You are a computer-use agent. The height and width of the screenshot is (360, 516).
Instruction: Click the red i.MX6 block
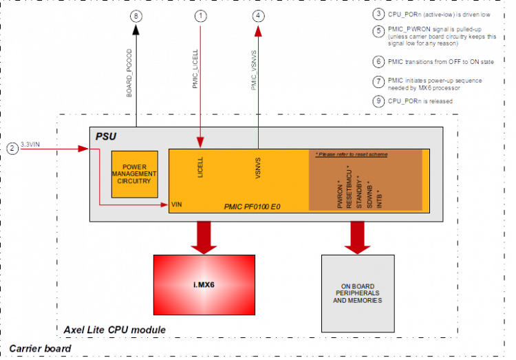203,285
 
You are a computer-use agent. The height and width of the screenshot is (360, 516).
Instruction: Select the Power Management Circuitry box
135,175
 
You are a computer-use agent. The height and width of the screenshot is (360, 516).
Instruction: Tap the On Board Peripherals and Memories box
357,293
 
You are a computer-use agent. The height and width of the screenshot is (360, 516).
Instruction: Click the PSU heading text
105,136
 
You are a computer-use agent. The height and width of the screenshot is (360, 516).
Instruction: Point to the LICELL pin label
201,169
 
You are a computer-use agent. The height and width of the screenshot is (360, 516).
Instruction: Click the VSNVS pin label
258,169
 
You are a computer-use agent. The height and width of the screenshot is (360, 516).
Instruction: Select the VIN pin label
175,205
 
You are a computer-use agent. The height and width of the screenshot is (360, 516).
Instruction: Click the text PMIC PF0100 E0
252,206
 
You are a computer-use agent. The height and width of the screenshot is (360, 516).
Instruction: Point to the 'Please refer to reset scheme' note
352,155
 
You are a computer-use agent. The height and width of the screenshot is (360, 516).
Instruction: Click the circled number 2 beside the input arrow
12,147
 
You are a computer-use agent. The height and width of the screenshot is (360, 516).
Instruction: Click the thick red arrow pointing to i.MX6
204,238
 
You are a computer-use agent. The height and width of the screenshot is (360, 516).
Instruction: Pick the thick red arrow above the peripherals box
357,238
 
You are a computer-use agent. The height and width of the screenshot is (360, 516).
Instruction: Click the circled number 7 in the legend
378,81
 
